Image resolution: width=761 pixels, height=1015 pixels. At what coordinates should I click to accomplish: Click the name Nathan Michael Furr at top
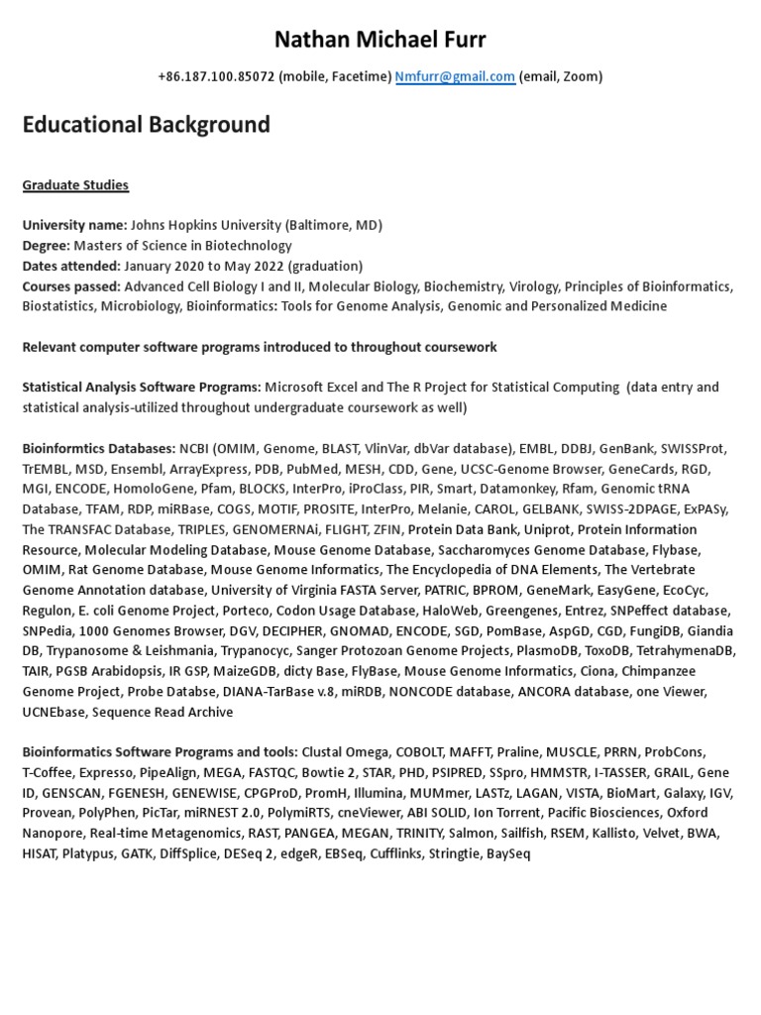point(380,39)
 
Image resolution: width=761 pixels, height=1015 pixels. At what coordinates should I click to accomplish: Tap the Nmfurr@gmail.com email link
point(455,76)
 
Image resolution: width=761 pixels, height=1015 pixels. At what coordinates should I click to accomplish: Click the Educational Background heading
point(146,125)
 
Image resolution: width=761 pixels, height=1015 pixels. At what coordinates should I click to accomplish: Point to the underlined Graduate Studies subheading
point(75,185)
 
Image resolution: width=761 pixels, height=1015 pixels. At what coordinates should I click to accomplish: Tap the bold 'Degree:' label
point(47,246)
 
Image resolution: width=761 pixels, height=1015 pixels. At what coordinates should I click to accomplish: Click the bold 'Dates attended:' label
point(69,266)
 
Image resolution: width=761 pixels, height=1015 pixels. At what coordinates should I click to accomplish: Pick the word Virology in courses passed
point(533,286)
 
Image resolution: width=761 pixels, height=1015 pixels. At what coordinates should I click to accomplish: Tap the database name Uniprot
point(549,529)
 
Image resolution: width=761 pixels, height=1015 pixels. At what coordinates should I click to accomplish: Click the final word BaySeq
point(508,853)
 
